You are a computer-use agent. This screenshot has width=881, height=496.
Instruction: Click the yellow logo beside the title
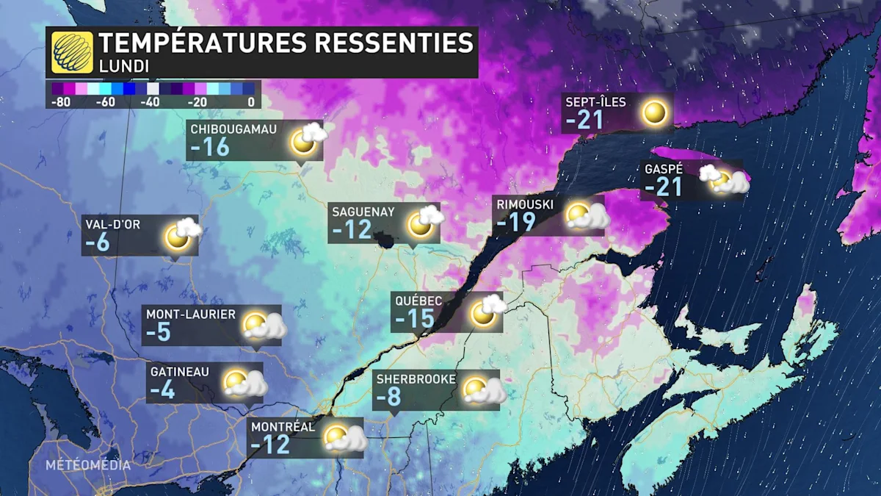73,52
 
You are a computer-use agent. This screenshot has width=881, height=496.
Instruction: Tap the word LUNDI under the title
124,66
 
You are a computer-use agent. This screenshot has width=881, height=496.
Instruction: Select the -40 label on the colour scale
152,102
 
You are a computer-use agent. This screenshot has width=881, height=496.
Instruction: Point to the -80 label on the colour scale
61,102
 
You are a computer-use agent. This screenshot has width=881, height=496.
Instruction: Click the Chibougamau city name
233,129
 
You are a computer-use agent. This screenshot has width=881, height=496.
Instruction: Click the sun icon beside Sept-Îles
654,113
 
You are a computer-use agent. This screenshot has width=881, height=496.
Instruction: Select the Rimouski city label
524,205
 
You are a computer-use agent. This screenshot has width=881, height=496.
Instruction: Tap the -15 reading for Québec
416,319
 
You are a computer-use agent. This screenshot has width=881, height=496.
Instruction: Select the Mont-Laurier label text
191,315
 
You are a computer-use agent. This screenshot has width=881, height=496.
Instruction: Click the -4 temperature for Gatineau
162,390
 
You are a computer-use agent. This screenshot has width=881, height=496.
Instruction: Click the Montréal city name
283,427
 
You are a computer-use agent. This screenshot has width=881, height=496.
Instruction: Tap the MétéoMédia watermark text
88,465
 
